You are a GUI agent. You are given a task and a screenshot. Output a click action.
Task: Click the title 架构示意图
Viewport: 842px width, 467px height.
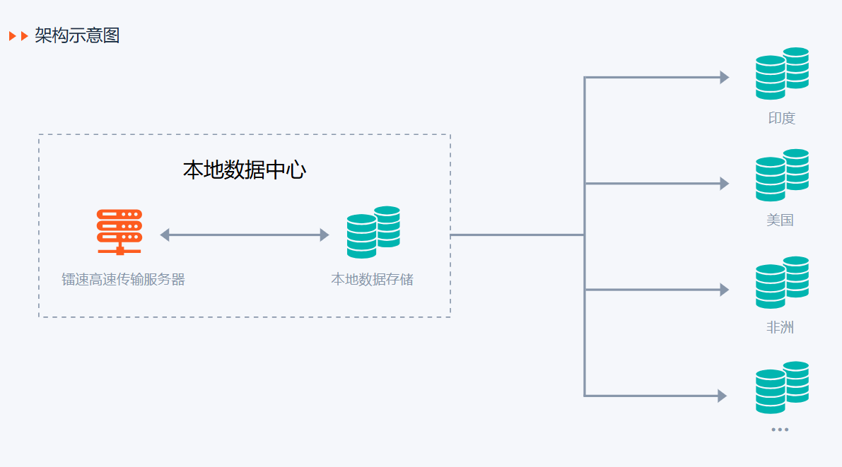click(77, 35)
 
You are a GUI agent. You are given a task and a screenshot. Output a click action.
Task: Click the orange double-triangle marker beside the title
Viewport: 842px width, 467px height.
click(18, 36)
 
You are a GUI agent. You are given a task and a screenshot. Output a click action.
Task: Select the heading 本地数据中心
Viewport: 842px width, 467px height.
click(244, 170)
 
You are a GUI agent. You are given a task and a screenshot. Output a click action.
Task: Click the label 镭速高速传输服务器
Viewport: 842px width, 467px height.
click(123, 280)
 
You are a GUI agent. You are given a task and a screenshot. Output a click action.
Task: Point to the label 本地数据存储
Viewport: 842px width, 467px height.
click(372, 280)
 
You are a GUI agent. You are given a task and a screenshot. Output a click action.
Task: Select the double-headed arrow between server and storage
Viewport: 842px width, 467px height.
click(245, 235)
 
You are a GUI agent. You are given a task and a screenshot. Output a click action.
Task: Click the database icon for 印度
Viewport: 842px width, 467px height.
click(781, 73)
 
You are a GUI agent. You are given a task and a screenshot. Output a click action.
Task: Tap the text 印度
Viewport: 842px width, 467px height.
click(781, 119)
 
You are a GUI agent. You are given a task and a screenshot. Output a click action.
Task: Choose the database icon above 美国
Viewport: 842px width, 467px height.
click(781, 175)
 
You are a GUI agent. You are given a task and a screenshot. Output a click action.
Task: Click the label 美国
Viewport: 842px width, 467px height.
click(780, 220)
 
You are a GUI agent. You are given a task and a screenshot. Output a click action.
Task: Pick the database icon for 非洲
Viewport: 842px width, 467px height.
click(781, 283)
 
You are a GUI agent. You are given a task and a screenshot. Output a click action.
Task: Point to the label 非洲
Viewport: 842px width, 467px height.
click(780, 328)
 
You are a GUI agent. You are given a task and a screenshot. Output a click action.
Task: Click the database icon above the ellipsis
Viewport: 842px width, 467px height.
click(781, 388)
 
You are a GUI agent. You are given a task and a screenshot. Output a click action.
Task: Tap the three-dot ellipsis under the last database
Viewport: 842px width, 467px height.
click(780, 430)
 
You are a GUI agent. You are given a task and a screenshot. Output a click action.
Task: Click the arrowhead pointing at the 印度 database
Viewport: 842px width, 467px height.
click(724, 78)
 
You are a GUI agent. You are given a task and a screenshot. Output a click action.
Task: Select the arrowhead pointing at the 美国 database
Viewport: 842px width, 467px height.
click(724, 184)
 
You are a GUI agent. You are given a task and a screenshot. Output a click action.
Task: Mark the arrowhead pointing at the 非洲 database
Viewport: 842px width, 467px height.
click(724, 290)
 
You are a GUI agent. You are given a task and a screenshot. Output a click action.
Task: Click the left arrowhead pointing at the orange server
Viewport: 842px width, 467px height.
click(165, 235)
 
